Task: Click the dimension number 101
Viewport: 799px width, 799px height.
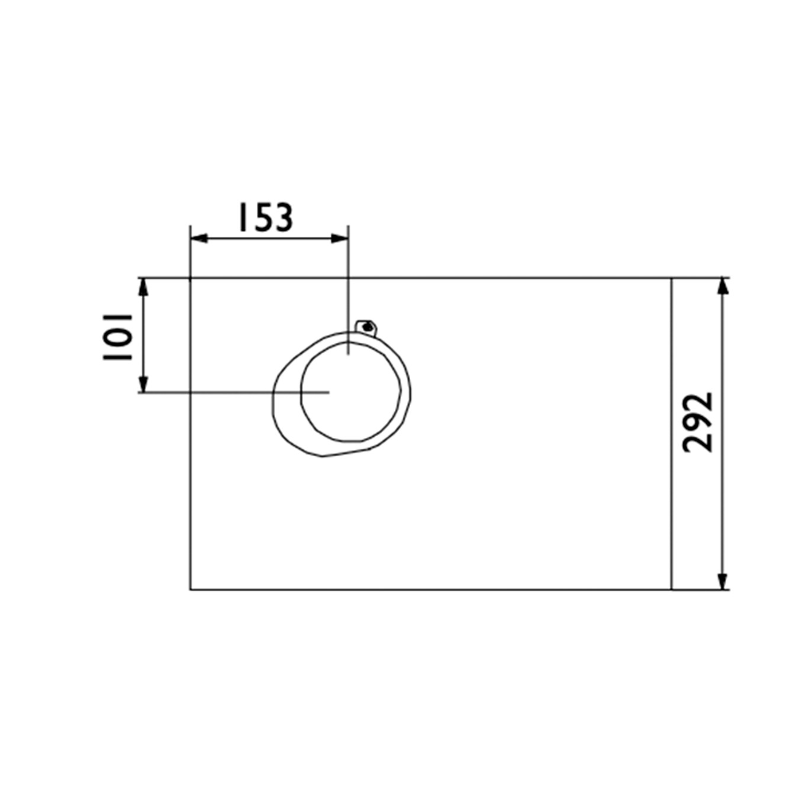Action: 118,337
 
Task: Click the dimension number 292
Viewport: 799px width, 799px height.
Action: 698,423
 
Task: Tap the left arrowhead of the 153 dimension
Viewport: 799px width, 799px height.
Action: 199,239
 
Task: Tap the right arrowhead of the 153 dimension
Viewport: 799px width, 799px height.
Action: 340,239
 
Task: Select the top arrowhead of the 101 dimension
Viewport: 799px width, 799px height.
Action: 143,286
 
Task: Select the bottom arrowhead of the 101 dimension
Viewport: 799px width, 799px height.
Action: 143,384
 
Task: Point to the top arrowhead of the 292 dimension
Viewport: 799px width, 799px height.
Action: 723,286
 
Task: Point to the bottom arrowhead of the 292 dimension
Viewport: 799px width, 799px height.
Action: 723,581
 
